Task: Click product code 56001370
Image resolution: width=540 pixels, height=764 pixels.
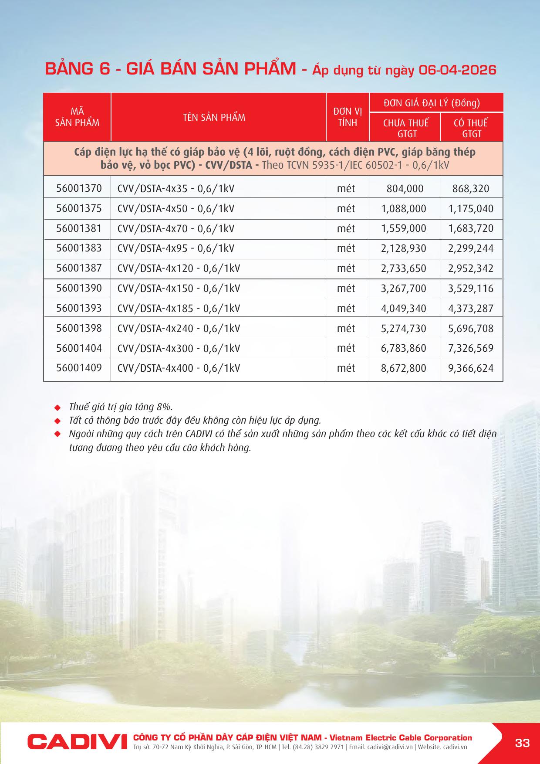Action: [79, 188]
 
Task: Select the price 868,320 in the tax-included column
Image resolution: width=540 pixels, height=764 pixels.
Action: [471, 189]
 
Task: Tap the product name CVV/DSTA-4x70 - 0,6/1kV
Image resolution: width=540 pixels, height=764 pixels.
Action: [175, 228]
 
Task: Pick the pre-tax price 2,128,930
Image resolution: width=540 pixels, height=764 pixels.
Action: [403, 248]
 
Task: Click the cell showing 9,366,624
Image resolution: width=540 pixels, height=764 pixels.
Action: [471, 368]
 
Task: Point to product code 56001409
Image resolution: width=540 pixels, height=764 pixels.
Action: [79, 368]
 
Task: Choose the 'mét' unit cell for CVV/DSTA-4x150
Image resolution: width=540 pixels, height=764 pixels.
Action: [346, 288]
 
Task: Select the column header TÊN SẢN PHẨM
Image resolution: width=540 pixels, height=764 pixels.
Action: [214, 117]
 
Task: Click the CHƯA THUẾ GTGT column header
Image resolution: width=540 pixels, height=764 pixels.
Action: [406, 128]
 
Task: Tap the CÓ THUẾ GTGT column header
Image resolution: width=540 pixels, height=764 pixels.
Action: [471, 128]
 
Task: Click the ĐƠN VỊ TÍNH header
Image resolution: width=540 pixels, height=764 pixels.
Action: [348, 117]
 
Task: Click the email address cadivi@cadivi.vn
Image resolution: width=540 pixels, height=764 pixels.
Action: [390, 747]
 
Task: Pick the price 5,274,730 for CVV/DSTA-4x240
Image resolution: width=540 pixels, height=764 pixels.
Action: [403, 328]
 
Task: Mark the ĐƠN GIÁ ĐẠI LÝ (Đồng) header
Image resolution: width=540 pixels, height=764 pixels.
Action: [432, 103]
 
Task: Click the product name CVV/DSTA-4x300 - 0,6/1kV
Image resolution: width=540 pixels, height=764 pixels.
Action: [179, 348]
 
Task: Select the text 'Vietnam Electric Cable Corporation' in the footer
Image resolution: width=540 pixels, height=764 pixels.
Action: [401, 737]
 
